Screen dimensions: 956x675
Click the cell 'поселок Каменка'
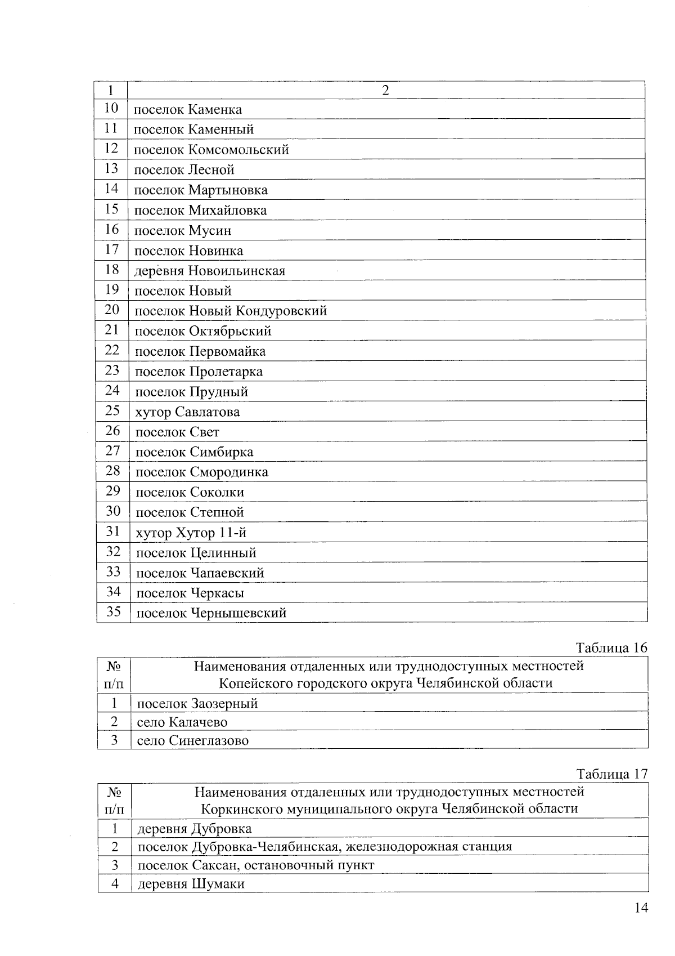[188, 109]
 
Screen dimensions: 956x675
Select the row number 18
[112, 270]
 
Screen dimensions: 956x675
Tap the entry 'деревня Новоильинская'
[210, 271]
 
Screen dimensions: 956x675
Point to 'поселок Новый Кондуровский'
[231, 311]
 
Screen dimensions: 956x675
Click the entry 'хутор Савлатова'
[187, 412]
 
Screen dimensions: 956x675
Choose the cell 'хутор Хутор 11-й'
[191, 533]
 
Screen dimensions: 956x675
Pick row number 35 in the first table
[114, 611]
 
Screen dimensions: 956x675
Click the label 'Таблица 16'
[612, 647]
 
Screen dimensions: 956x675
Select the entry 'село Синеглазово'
[192, 740]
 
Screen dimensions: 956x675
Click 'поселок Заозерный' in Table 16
[197, 704]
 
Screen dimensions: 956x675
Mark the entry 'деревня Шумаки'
[191, 883]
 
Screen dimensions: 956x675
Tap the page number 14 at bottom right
[641, 908]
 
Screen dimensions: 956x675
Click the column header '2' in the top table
[385, 91]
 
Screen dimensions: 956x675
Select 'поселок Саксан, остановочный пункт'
[256, 865]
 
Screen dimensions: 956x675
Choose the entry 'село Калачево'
[182, 722]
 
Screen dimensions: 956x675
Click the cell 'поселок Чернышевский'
[211, 613]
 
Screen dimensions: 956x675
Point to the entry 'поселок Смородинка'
[202, 472]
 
